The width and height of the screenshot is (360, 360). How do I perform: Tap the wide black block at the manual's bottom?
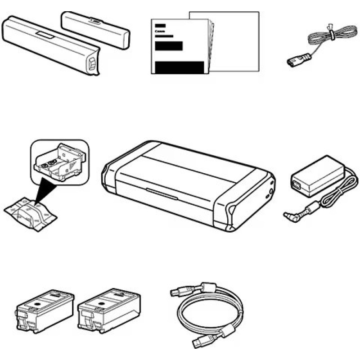[x=179, y=67]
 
